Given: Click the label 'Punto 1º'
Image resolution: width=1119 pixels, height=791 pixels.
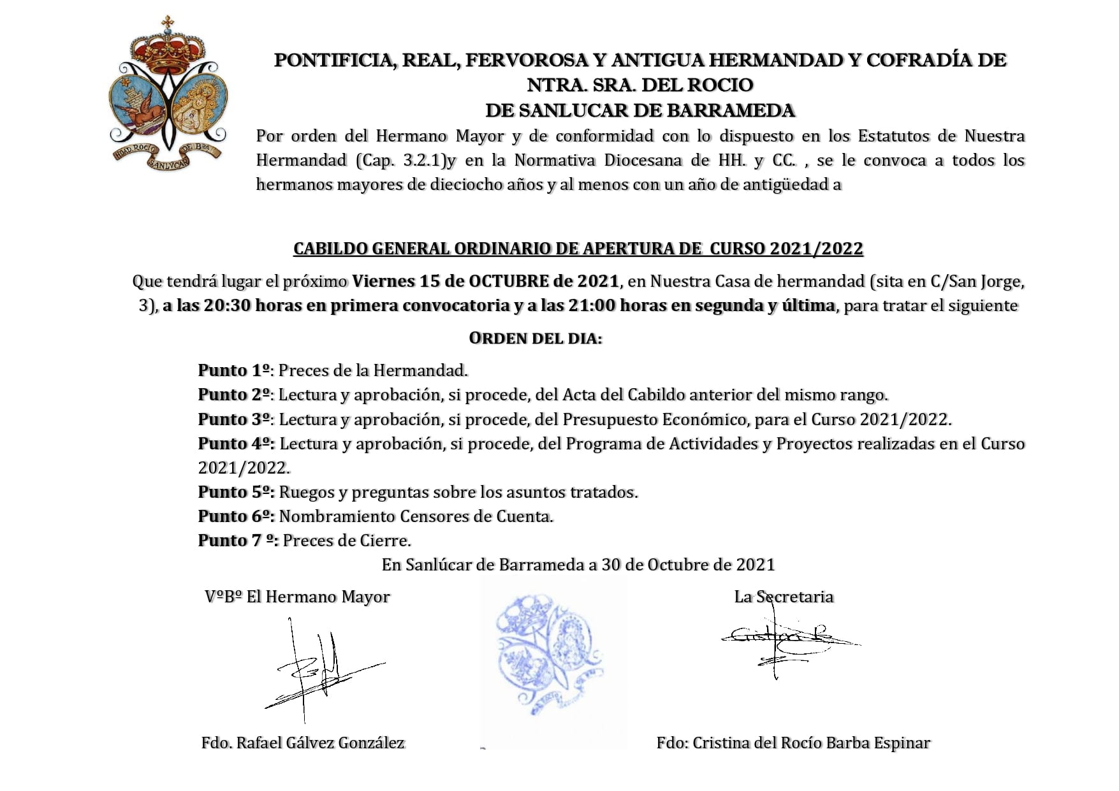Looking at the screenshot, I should pos(235,370).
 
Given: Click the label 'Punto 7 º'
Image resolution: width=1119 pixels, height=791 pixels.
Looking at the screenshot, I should pos(237,541).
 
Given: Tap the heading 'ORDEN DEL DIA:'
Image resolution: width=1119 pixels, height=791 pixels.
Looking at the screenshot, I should pos(535,338).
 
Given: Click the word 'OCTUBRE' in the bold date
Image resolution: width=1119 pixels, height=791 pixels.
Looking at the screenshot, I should pos(509,281).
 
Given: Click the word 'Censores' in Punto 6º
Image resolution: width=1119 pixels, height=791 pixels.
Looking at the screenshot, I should pos(432,516).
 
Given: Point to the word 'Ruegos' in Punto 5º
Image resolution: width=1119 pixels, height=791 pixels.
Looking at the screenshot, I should pos(304,493).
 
